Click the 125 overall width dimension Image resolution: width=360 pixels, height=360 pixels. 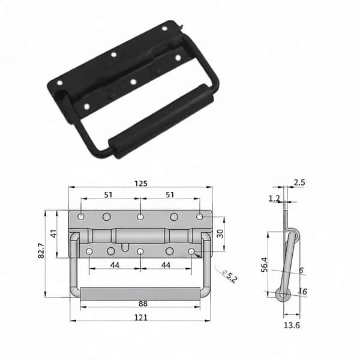(141, 184)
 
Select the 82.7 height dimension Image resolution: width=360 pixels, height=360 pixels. (41, 250)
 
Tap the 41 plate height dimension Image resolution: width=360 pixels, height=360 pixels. (53, 234)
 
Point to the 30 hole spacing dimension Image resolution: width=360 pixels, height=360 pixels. (220, 234)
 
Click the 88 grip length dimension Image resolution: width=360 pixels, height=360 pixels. (143, 304)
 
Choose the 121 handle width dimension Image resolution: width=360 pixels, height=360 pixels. (140, 318)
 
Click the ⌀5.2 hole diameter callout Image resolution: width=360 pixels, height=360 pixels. (230, 276)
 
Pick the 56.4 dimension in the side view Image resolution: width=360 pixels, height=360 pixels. (264, 265)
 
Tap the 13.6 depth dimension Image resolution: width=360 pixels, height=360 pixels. (292, 325)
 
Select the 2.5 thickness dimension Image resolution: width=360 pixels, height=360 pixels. (299, 182)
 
